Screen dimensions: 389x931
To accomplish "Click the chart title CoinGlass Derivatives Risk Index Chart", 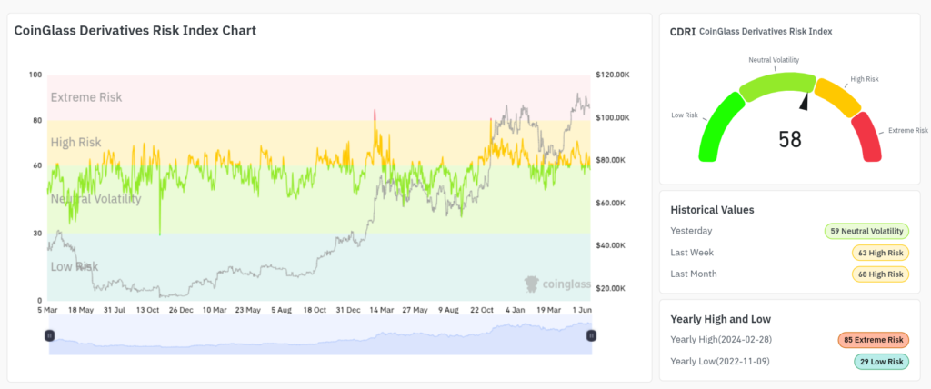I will [x=135, y=30].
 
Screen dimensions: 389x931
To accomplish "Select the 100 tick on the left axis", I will [x=35, y=75].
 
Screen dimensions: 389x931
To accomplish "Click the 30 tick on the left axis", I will [x=37, y=234].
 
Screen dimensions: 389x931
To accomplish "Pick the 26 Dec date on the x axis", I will [x=180, y=310].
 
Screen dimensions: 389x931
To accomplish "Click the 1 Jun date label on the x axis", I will [x=579, y=310].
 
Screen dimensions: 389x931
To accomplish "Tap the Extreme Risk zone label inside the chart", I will [x=86, y=97].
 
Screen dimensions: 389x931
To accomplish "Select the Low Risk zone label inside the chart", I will [x=75, y=266].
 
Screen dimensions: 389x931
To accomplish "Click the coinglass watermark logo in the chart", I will [x=556, y=284].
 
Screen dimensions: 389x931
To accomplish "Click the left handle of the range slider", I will [x=50, y=335].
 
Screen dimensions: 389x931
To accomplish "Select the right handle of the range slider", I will [x=591, y=335].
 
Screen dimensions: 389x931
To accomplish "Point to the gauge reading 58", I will [x=790, y=139].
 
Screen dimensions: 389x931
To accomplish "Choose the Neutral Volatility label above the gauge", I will [x=774, y=60].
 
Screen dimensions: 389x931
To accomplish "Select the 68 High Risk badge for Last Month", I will [x=880, y=274].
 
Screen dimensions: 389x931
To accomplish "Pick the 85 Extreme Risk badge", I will [x=873, y=340].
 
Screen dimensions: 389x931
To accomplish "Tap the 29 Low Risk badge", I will [x=880, y=362].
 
